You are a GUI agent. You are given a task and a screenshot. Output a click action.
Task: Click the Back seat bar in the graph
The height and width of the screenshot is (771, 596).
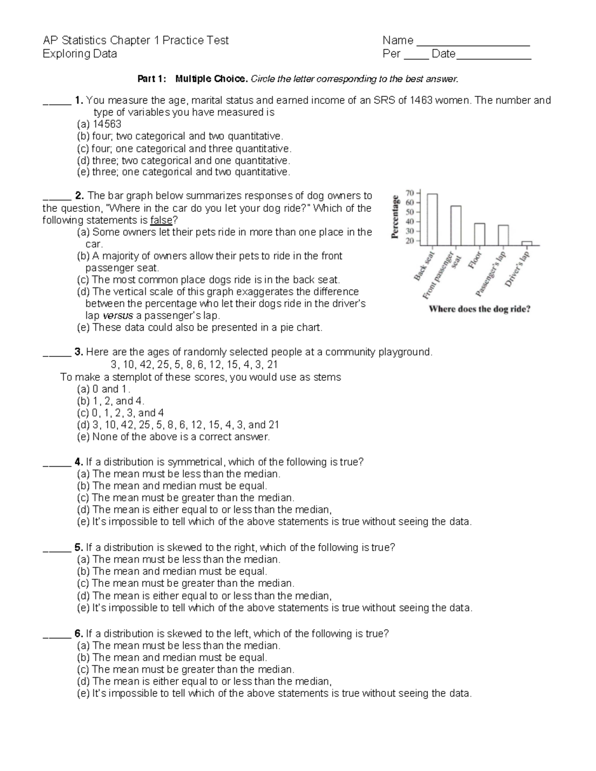click(x=432, y=219)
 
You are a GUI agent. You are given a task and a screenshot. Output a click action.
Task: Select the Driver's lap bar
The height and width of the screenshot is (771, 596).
click(x=526, y=243)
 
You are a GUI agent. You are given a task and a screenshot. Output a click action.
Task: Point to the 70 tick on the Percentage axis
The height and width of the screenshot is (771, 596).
click(x=410, y=193)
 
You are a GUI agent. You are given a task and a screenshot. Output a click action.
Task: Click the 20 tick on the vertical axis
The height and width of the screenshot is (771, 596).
click(x=410, y=241)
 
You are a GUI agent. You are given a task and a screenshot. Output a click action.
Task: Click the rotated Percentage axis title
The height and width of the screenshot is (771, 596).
click(x=396, y=217)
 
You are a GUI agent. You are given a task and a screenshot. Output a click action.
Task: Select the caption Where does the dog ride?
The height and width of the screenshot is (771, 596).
click(x=479, y=309)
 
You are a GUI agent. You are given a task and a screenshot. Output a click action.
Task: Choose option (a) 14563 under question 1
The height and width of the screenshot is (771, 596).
click(x=99, y=124)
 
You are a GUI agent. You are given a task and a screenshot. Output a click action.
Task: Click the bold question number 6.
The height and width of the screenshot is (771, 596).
click(x=78, y=633)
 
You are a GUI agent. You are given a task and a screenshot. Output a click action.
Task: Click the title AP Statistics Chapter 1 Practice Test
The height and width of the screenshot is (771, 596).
click(x=136, y=40)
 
